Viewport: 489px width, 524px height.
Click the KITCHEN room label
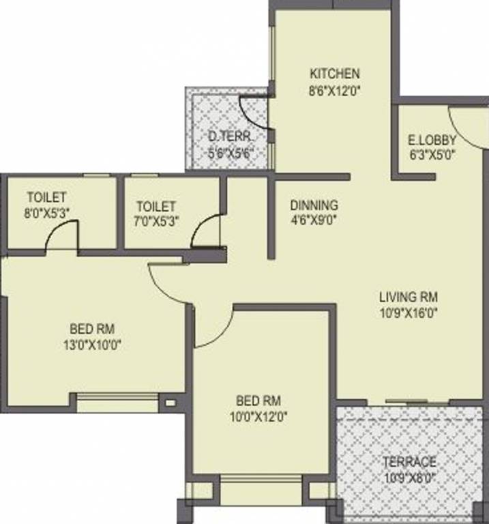tap(334, 74)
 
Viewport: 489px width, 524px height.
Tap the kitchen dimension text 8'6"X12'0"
tap(334, 88)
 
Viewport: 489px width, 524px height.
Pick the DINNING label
tap(314, 205)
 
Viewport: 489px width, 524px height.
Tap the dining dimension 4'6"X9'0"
tap(314, 220)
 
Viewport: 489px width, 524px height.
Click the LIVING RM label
tap(409, 297)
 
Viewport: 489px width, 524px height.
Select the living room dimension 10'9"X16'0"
tap(409, 313)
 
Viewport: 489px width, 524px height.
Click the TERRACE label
tap(409, 462)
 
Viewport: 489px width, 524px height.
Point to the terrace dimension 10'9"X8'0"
tap(409, 477)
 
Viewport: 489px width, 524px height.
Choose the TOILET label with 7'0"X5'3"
tap(155, 206)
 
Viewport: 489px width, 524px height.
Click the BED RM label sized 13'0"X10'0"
tap(93, 329)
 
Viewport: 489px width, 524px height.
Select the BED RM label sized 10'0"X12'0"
tap(258, 401)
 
